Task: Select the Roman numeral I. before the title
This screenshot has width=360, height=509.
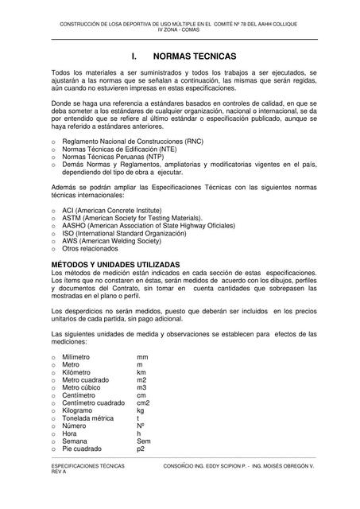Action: [135, 58]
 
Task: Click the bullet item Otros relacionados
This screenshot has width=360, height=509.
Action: [88, 249]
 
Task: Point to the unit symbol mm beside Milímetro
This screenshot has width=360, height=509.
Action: [142, 357]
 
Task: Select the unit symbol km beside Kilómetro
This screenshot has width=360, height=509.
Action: [141, 372]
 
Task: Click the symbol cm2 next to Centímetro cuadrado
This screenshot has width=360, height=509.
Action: [143, 403]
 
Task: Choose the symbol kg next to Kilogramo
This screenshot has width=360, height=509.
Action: [141, 410]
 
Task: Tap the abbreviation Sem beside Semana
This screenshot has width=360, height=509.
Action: [143, 441]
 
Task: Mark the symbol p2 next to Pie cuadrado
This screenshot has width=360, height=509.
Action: [141, 449]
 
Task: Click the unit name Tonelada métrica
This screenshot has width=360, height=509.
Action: [92, 418]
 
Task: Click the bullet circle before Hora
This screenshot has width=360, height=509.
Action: [52, 433]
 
